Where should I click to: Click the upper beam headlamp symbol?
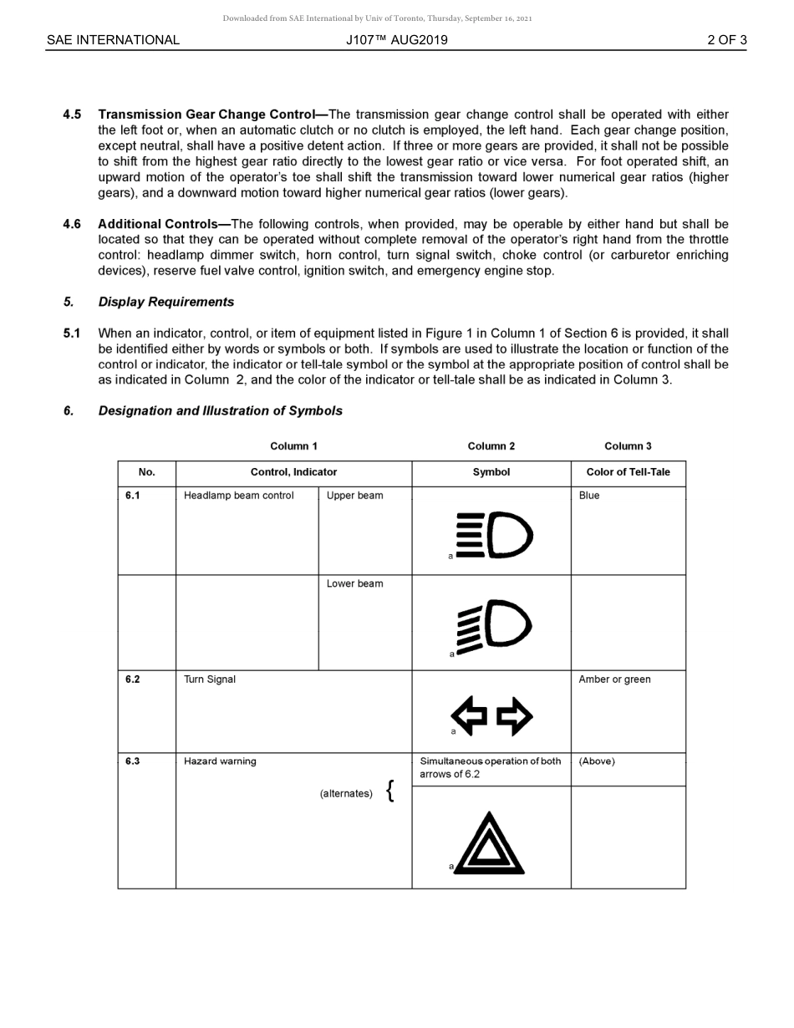494,535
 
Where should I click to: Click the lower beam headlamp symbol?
494,624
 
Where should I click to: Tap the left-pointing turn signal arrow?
469,716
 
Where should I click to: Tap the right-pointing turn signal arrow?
514,716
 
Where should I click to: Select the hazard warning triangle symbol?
490,845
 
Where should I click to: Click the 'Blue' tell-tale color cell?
589,496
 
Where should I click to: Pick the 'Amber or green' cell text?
614,679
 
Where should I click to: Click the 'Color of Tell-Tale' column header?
628,472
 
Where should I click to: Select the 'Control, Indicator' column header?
293,472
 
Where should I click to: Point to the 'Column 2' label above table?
491,446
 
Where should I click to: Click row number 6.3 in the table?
133,761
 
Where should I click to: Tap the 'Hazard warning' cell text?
220,761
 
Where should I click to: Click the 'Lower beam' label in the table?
354,584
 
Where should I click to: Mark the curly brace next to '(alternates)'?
390,791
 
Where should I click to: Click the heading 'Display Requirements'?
165,302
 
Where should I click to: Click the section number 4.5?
72,115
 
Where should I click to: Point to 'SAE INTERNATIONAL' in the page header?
113,40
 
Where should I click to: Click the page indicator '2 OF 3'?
726,40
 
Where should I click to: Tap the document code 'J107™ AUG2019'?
397,40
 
